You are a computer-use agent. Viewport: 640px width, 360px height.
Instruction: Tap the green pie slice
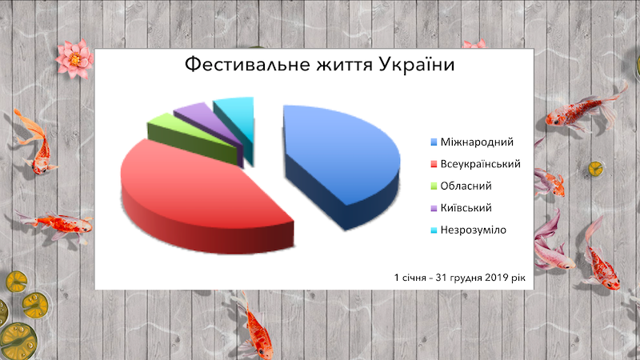(192, 137)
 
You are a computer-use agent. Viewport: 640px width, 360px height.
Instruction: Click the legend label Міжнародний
(477, 142)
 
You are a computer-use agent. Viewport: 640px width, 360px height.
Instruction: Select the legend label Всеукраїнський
(481, 164)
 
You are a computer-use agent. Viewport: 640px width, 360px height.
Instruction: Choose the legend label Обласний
(466, 186)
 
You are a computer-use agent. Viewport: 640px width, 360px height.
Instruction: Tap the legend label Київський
(466, 208)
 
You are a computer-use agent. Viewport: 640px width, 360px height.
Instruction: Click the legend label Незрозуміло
(473, 230)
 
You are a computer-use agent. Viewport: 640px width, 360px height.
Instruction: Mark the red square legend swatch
(434, 165)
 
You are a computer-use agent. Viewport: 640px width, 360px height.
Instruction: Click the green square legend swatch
(434, 186)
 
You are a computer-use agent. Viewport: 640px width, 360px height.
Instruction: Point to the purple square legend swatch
(434, 208)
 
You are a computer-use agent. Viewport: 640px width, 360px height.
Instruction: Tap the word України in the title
(416, 65)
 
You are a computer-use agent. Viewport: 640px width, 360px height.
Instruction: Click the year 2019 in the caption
(496, 278)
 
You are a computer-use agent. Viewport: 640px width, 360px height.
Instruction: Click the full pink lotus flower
(74, 59)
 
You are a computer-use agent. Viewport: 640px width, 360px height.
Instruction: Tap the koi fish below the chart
(255, 326)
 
